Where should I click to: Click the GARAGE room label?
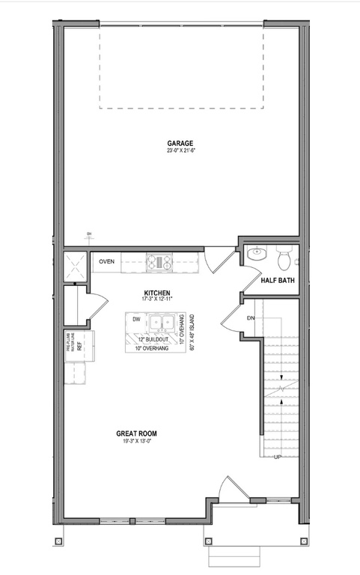tap(180, 143)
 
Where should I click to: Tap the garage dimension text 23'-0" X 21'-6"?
tap(180, 150)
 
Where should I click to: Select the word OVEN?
tap(107, 262)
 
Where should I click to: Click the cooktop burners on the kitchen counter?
tap(159, 262)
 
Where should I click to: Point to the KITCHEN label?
tap(157, 293)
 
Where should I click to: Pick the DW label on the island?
tap(136, 320)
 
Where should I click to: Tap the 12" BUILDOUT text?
tap(151, 340)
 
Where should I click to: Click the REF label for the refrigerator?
tap(79, 347)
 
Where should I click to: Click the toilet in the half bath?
tap(284, 259)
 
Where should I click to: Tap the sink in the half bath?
tap(256, 254)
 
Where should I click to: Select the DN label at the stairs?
tap(251, 318)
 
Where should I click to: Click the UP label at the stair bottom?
tap(278, 457)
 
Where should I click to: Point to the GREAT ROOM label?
tap(136, 433)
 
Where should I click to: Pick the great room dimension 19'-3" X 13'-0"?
tap(136, 442)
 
